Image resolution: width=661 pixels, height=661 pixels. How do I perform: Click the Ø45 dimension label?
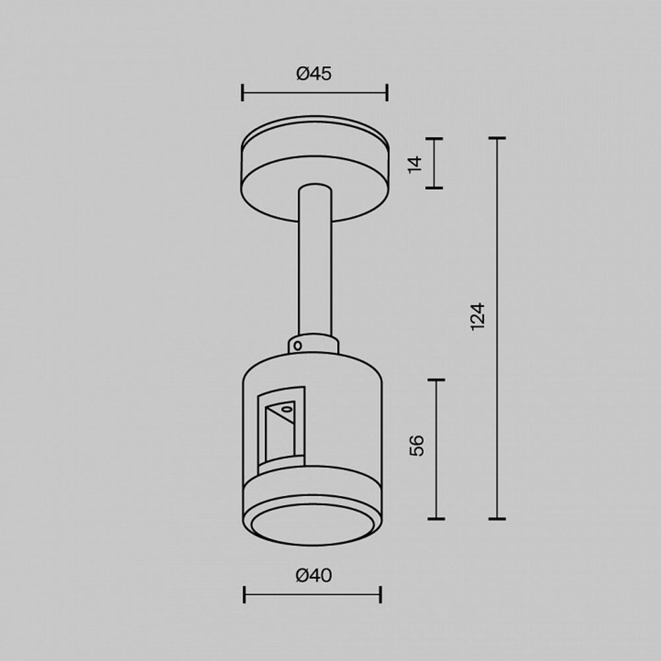pos(314,74)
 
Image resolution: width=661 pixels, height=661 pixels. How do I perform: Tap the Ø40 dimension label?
pos(314,576)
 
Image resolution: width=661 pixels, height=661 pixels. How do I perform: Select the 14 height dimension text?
pos(414,164)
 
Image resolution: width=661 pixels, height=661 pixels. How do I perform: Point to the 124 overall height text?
pos(478,317)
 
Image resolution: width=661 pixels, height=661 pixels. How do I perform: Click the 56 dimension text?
pos(417,446)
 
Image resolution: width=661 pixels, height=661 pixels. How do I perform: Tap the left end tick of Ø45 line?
pos(243,93)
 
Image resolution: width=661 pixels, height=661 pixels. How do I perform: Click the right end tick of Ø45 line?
pos(387,93)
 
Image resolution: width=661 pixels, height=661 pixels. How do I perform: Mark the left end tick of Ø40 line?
pos(245,594)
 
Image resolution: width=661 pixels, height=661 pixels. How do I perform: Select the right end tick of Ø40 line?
pos(380,594)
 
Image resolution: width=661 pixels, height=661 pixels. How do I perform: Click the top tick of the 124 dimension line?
pos(497,138)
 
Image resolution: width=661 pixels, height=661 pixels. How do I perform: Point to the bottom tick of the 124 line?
pos(497,518)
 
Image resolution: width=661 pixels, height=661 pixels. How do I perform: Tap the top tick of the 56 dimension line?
pos(436,380)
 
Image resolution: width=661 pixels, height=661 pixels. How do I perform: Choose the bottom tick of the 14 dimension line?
pos(434,188)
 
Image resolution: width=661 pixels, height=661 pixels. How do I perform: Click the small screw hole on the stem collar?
pos(298,344)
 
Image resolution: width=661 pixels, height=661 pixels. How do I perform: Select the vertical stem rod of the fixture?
pos(314,264)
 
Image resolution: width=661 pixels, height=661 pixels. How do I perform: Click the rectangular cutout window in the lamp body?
pos(281,430)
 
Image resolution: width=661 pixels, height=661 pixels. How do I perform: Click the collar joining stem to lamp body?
pos(314,344)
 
